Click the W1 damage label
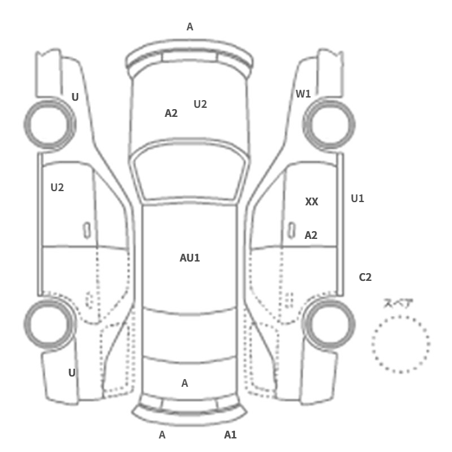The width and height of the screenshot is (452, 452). (x=303, y=94)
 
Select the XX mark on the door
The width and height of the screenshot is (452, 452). (x=312, y=201)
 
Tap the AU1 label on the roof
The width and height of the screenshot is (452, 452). (x=190, y=258)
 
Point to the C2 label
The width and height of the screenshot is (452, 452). (x=365, y=277)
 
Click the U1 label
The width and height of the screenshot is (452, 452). (x=358, y=198)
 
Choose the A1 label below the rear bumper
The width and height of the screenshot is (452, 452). (x=231, y=435)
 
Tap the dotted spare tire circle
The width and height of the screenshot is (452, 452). (x=400, y=316)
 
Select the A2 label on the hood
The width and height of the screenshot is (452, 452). (x=171, y=113)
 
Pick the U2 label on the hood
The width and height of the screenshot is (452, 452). (x=200, y=104)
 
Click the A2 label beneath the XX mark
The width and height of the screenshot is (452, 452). (x=311, y=235)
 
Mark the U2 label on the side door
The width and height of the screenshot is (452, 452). (x=57, y=188)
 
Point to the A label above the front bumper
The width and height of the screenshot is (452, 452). (x=190, y=27)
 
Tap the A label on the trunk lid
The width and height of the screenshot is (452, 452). (x=185, y=383)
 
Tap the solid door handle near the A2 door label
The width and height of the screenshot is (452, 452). (x=291, y=231)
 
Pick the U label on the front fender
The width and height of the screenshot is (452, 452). (x=75, y=97)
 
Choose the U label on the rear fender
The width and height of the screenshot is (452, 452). (x=72, y=373)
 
